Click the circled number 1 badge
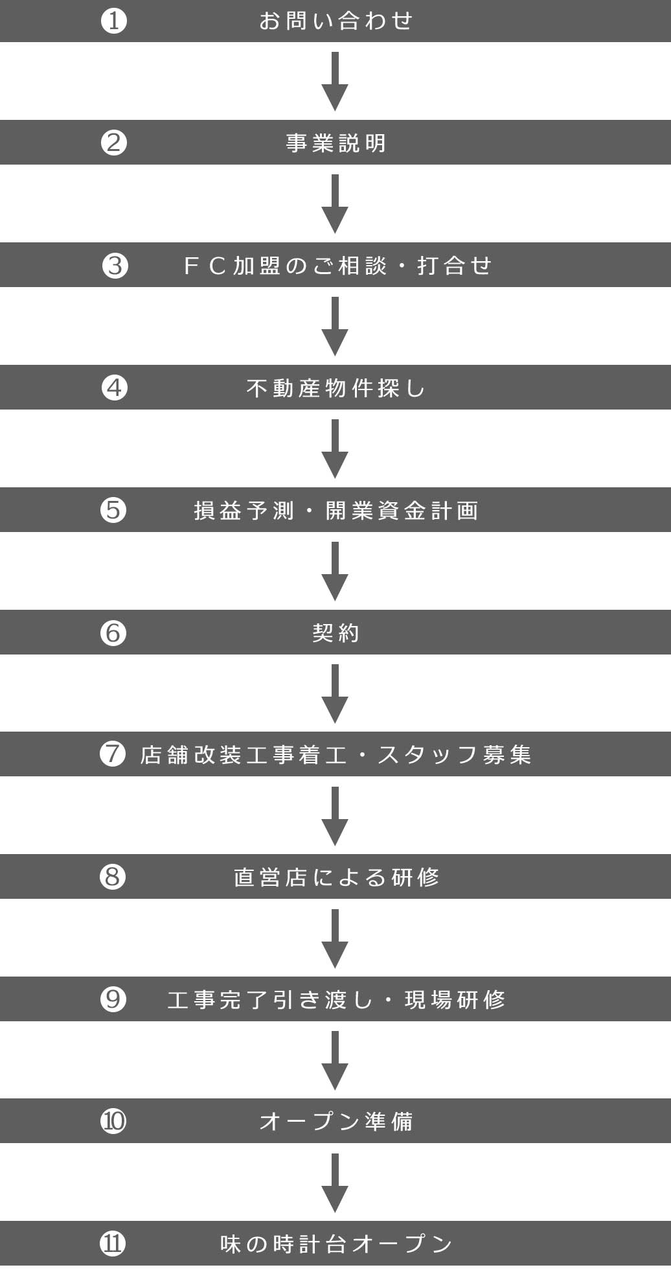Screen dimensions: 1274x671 (x=114, y=21)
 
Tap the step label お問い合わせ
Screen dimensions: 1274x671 (x=335, y=21)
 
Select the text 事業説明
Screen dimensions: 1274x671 (x=335, y=143)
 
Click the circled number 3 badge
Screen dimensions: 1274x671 (x=115, y=265)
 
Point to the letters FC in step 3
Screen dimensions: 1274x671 (x=205, y=265)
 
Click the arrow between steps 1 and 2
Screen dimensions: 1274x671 (x=335, y=81)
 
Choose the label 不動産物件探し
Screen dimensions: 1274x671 (x=335, y=388)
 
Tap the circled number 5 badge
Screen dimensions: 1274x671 (x=113, y=510)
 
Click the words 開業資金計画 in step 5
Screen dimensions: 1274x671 (x=402, y=511)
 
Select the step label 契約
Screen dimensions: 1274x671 (x=335, y=632)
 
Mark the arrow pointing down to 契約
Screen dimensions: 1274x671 (x=335, y=571)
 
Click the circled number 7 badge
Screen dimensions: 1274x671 (x=113, y=754)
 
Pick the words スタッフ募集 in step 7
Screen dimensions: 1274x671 (x=454, y=754)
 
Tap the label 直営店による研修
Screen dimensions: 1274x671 (x=335, y=877)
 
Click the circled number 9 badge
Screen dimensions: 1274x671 (x=113, y=999)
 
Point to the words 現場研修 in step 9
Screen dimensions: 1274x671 (x=455, y=999)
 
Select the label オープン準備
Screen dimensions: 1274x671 (x=335, y=1121)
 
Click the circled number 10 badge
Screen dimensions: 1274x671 (x=113, y=1120)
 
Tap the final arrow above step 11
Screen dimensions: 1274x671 (x=335, y=1183)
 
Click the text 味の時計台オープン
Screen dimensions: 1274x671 (x=335, y=1244)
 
